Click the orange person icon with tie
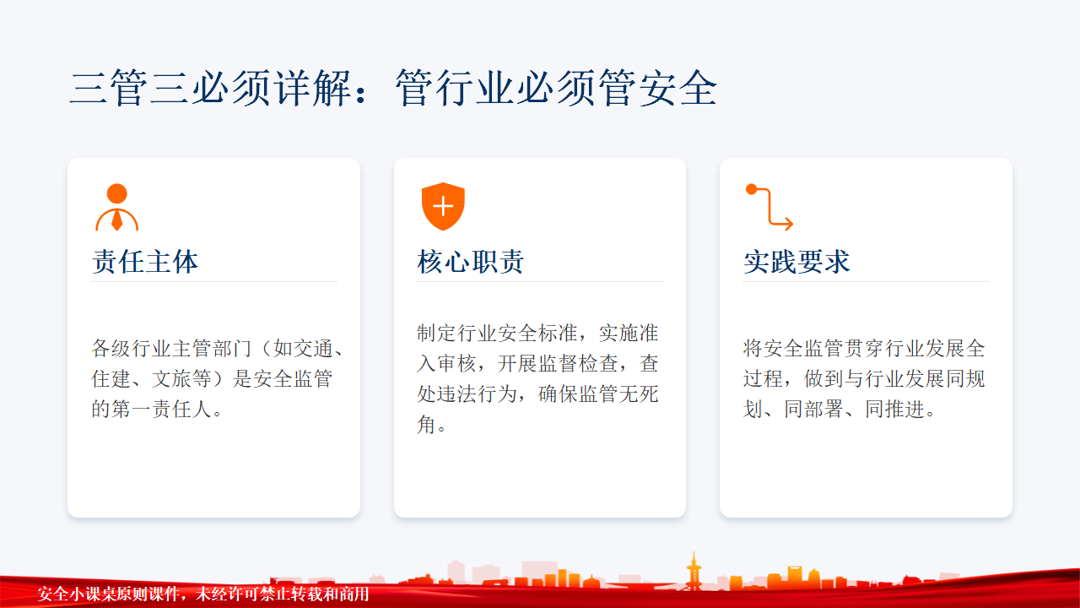pos(116,207)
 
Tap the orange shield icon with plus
pos(443,207)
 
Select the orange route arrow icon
pos(769,207)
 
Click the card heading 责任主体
pos(145,262)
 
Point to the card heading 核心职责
pos(471,262)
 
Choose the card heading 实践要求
pos(796,262)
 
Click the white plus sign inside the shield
pos(443,207)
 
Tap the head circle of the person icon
pos(116,193)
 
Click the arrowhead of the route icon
pos(788,224)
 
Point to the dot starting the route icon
pos(751,189)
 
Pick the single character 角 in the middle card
pos(427,425)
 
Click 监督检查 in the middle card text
pos(578,363)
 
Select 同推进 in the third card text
pos(895,410)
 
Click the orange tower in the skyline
pos(694,571)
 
